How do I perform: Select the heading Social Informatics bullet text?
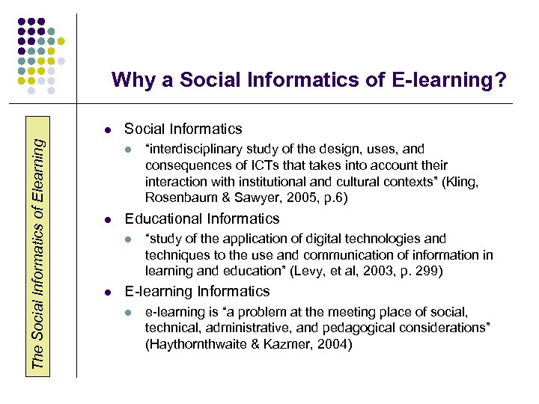click(x=183, y=129)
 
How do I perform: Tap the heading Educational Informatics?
click(x=201, y=218)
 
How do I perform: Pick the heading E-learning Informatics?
click(x=197, y=291)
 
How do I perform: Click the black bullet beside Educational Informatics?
click(x=108, y=220)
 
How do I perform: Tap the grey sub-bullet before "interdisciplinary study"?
click(x=129, y=150)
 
